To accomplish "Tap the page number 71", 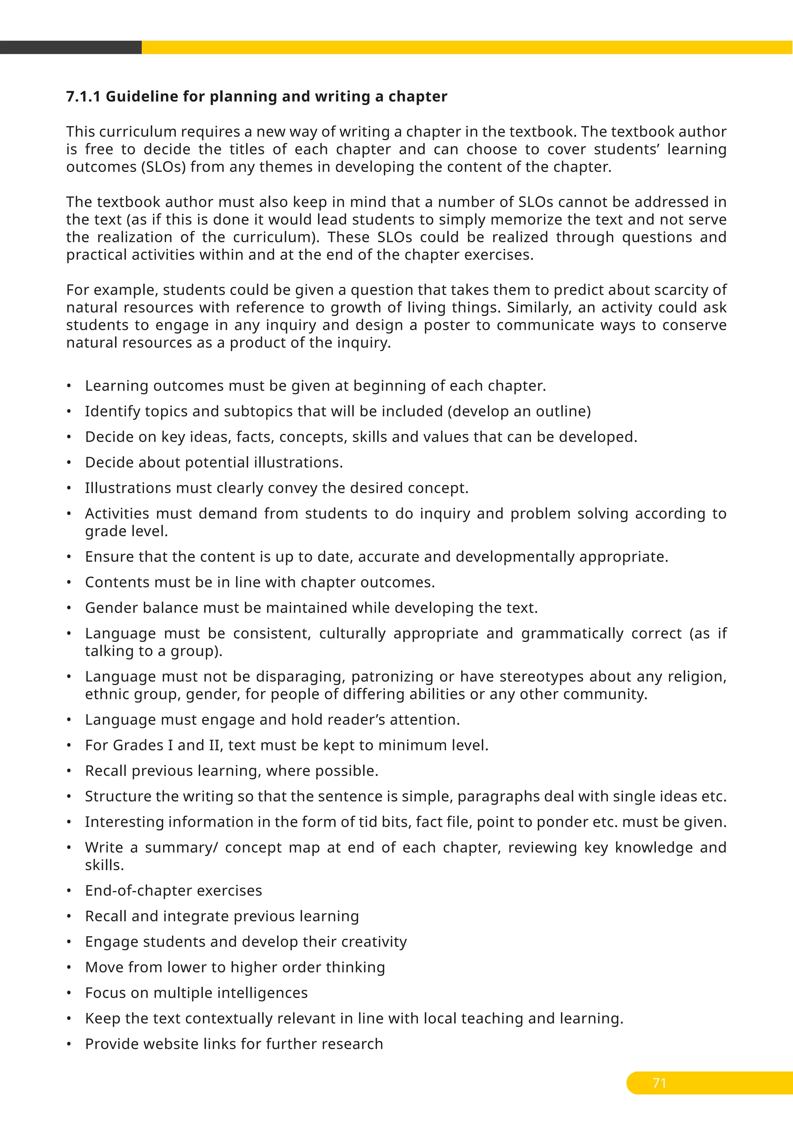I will coord(659,1083).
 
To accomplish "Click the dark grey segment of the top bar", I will coord(71,47).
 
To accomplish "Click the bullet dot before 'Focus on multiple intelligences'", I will coord(69,993).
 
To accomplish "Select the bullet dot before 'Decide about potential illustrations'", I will coord(69,462).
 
